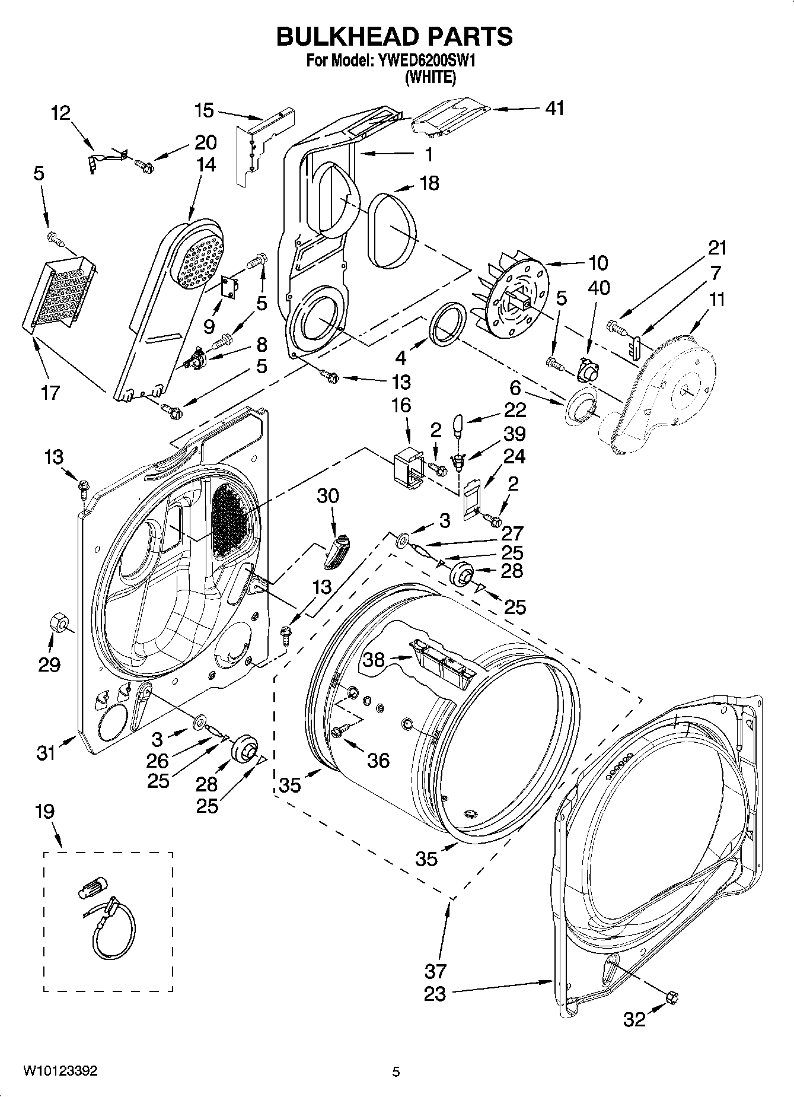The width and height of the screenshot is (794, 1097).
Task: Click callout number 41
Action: click(554, 109)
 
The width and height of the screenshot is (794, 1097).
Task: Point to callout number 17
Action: click(50, 392)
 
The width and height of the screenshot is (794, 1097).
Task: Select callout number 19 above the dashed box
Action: click(45, 811)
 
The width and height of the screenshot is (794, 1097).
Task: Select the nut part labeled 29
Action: click(59, 622)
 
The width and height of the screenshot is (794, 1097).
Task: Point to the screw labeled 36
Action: click(341, 732)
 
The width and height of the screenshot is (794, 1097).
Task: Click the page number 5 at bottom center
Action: click(396, 1071)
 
